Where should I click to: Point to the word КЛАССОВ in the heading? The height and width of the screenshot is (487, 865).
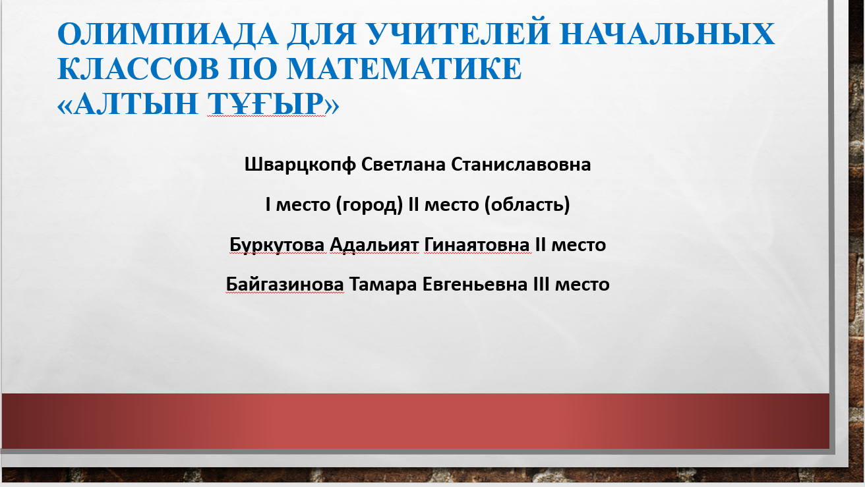tap(138, 69)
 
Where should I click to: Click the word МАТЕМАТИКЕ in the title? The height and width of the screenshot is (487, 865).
tap(404, 69)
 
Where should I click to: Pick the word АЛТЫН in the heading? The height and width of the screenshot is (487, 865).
tap(136, 103)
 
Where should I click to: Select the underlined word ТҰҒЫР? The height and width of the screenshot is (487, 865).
tap(266, 104)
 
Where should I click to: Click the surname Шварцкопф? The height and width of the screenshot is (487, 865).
tap(300, 165)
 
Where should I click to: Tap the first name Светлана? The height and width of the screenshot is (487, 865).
tap(403, 164)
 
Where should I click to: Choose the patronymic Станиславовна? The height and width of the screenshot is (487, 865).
tap(521, 164)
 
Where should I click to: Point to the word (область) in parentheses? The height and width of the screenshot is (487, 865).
tap(527, 204)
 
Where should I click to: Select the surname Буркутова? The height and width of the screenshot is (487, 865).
tap(277, 244)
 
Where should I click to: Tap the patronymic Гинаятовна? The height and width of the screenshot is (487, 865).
tap(477, 244)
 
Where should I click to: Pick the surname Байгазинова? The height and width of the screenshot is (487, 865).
tap(285, 285)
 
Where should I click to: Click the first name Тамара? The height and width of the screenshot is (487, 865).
tap(383, 285)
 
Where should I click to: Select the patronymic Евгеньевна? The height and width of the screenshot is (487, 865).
tap(475, 285)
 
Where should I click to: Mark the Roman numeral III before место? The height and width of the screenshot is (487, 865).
tap(541, 284)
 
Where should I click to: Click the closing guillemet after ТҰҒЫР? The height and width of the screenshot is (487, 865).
tap(332, 105)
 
